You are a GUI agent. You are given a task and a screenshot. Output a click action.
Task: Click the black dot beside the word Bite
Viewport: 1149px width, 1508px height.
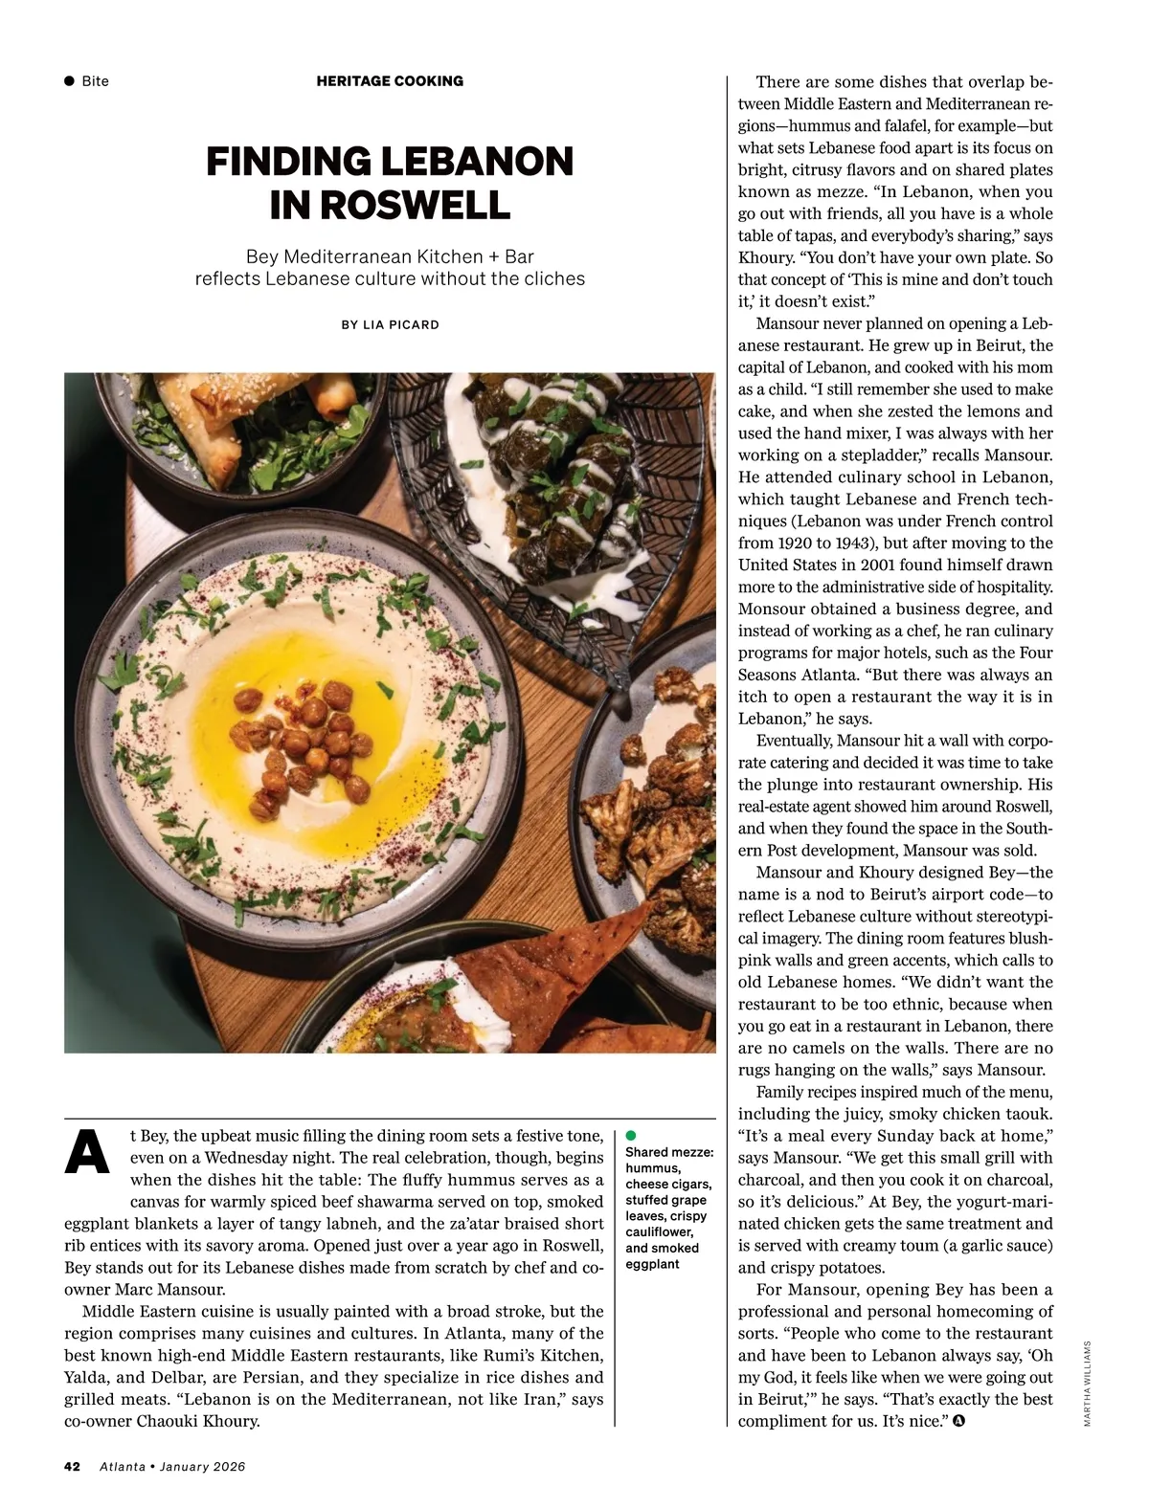[69, 81]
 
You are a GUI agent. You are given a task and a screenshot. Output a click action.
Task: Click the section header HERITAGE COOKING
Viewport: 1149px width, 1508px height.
[390, 81]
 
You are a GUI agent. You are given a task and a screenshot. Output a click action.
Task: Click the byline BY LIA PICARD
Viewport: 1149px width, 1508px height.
[390, 325]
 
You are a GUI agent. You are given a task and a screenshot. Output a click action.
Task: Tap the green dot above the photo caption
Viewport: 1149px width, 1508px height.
[631, 1135]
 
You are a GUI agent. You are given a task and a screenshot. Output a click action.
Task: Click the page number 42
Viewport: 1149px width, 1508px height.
[72, 1466]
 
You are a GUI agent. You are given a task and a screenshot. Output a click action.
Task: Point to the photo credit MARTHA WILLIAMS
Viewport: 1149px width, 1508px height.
[1088, 1384]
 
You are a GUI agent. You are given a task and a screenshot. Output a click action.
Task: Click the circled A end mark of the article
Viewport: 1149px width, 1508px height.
[959, 1421]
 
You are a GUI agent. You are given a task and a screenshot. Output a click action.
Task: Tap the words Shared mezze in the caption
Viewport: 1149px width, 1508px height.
[669, 1152]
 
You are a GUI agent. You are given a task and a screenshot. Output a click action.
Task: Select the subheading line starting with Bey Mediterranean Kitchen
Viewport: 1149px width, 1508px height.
[390, 256]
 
